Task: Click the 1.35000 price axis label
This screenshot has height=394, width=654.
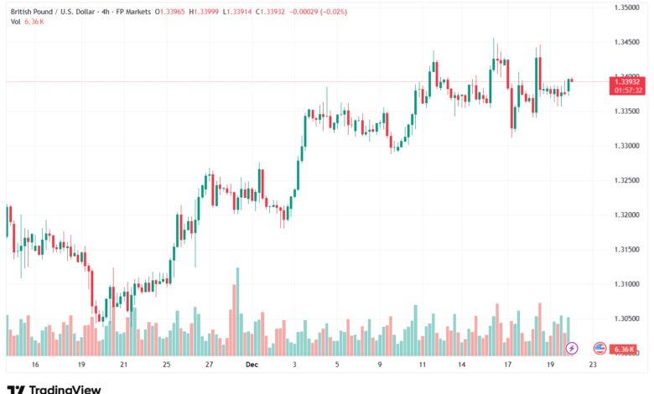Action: [626, 8]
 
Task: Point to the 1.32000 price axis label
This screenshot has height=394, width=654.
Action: [626, 215]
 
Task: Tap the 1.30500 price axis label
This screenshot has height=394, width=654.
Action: [626, 319]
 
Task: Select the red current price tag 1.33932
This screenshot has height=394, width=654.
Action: [627, 81]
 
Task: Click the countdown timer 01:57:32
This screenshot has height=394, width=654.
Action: [627, 90]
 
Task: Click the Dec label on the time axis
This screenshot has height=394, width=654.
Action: [252, 365]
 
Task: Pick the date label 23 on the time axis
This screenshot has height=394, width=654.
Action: [593, 365]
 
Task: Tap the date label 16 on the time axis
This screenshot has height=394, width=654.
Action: [34, 365]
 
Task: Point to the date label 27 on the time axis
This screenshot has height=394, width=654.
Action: [209, 365]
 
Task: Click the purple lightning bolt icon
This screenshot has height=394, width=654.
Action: [572, 347]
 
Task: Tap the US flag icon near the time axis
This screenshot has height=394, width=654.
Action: [599, 347]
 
